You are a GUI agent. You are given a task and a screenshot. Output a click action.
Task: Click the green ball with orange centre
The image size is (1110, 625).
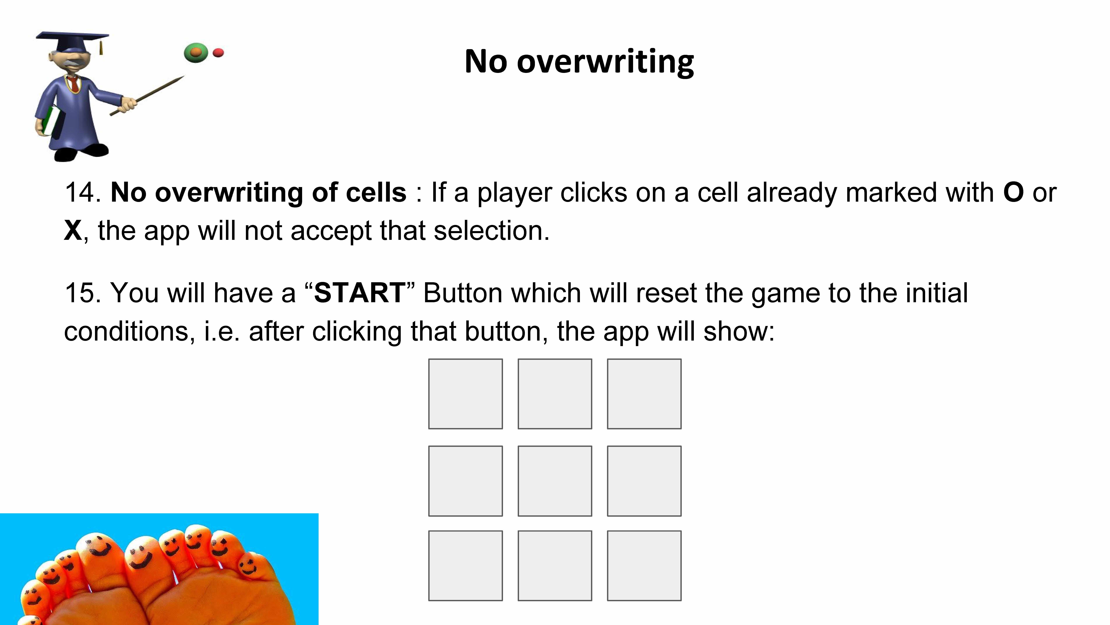point(196,53)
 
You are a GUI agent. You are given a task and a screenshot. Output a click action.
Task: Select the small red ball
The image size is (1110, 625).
point(219,53)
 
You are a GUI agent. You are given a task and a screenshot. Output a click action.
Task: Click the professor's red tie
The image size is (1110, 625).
point(75,84)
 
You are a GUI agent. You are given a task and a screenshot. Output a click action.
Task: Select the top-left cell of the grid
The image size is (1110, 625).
point(465,394)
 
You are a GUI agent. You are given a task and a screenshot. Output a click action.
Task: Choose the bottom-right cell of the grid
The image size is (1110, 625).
point(644,566)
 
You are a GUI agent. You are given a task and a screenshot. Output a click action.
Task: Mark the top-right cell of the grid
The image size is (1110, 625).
point(644,394)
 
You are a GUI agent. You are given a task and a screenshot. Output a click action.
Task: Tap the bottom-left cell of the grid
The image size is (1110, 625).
point(465,566)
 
